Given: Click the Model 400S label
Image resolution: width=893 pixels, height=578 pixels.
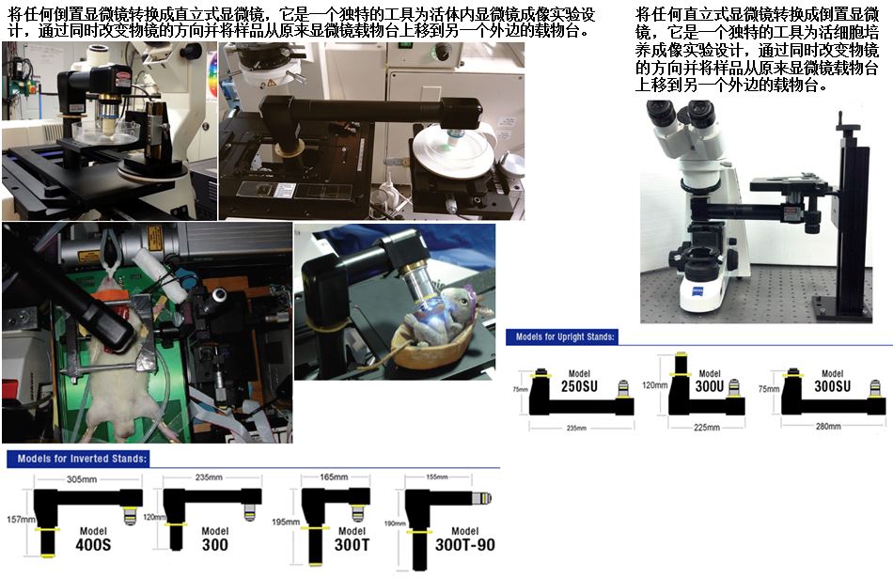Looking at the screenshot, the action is coord(93,539).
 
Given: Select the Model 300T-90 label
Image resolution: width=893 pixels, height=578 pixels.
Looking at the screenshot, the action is coord(464,539).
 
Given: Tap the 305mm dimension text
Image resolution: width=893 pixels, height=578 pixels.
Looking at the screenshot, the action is coord(82,479).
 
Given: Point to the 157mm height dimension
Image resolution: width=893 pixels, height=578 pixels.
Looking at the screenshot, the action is coord(21,520).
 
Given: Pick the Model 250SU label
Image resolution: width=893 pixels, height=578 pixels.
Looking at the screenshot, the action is coord(579,382).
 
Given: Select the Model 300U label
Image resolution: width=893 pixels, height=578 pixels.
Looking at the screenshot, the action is coord(710,382).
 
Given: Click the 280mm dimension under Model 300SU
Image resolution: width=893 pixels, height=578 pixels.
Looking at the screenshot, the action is coord(828,426).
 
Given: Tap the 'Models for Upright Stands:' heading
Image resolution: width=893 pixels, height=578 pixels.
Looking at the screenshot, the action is coord(565,336).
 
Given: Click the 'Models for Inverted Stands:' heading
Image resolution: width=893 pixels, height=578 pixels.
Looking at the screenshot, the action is coord(82,459).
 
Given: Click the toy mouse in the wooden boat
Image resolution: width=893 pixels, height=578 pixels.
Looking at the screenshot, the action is coord(445,316).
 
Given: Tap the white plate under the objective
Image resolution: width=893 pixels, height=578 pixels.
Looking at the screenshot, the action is coord(454,153).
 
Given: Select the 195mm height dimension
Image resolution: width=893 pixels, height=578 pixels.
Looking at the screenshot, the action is coord(286,522).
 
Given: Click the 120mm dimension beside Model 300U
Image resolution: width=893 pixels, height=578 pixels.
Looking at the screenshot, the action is coord(655,385).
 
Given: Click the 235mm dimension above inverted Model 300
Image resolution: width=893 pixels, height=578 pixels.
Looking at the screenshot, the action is coord(209,477).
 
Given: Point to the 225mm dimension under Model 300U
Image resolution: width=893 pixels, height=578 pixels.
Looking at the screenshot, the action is coord(707,427).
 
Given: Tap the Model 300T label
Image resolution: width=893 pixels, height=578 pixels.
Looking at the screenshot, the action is coord(352,539).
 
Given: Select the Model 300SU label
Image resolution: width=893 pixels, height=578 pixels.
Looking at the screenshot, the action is coord(833,382).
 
